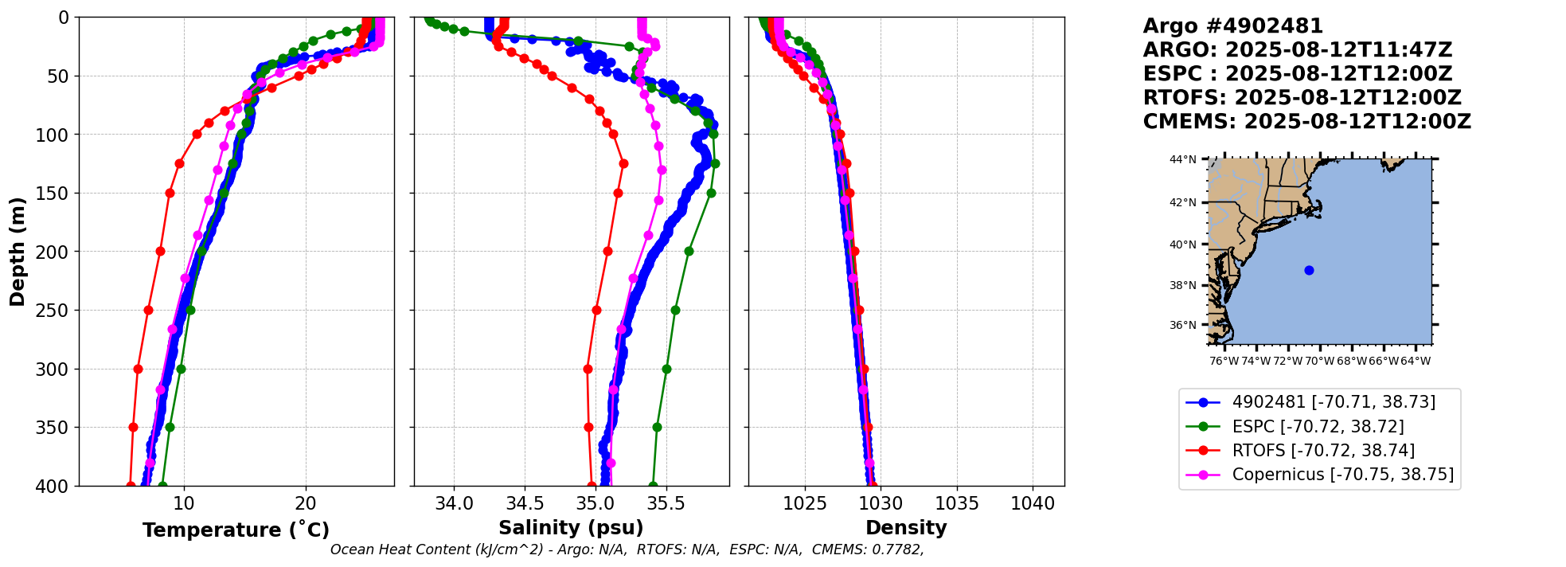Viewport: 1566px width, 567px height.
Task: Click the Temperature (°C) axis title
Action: point(236,530)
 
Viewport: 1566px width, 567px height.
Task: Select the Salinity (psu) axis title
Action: point(571,528)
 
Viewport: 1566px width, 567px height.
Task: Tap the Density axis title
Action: point(906,528)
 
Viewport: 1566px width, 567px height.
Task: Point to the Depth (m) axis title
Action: point(18,251)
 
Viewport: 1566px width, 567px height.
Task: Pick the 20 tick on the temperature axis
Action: point(306,504)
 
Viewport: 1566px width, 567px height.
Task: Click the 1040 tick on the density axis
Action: point(1033,504)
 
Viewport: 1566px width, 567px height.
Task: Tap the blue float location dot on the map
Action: point(1309,270)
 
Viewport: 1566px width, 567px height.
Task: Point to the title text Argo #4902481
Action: point(1232,26)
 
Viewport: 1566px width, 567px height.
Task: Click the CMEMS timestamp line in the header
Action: point(1306,122)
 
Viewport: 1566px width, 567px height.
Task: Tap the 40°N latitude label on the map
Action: point(1183,244)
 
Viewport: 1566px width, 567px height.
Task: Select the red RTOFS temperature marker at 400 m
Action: point(131,485)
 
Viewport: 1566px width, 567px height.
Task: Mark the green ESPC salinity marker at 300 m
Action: point(666,369)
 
